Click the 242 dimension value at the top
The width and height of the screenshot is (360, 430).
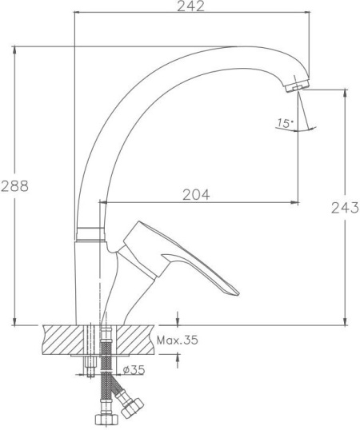coord(190,6)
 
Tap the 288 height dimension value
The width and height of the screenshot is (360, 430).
coord(15,186)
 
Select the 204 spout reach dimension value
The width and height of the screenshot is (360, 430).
coord(196,195)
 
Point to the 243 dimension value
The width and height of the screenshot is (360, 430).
coord(345,208)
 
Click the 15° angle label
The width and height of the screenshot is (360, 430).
coord(286,123)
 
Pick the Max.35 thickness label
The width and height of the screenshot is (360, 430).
coord(178,340)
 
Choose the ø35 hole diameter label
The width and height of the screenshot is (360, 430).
coord(134,370)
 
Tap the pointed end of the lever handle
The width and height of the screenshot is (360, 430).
coord(237,293)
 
